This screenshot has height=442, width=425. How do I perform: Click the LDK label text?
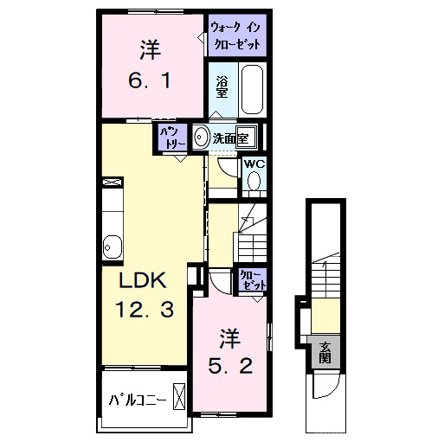click(x=142, y=280)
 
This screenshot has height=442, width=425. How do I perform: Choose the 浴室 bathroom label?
click(x=221, y=86)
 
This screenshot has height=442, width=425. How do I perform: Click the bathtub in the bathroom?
click(x=251, y=90)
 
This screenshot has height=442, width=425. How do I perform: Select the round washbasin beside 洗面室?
click(x=201, y=137)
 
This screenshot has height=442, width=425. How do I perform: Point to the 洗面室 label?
click(x=232, y=137)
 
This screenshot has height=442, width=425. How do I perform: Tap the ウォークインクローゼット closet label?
click(x=235, y=36)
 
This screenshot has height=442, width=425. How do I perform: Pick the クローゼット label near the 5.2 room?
click(x=252, y=279)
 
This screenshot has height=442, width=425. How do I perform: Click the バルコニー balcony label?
click(x=137, y=400)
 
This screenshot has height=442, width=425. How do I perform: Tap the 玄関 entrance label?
click(x=325, y=353)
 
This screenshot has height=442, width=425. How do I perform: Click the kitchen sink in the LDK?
click(x=112, y=246)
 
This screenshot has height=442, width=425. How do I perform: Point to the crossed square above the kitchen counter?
click(x=112, y=183)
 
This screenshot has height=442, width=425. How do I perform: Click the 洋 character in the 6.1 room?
click(x=151, y=49)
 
